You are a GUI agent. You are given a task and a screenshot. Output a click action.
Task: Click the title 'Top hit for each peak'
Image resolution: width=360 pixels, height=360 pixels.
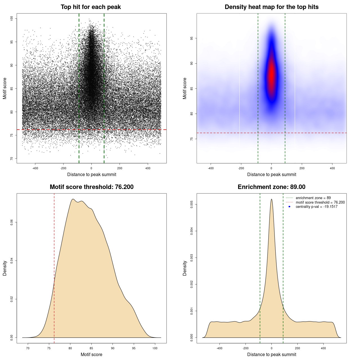tap(91, 7)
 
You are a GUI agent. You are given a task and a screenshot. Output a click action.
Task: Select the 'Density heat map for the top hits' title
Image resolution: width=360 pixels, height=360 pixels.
tap(271, 7)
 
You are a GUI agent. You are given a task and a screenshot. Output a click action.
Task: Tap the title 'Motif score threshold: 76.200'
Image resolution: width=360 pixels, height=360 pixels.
tap(91, 187)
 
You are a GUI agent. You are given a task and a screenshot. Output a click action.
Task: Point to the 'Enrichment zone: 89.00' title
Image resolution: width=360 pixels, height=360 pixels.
tap(271, 187)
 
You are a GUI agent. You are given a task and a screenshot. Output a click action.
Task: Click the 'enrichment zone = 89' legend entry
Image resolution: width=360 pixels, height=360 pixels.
tap(313, 198)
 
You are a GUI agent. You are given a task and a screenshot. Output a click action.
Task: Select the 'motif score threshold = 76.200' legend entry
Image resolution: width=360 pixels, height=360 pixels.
tap(320, 202)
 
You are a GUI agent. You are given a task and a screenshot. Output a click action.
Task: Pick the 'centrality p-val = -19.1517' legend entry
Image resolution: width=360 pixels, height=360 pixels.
tap(316, 207)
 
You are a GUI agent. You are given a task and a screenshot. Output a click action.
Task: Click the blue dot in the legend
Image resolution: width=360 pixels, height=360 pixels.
tap(289, 207)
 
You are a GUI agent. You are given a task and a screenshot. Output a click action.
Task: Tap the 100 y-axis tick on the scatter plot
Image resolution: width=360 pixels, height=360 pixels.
tap(12, 19)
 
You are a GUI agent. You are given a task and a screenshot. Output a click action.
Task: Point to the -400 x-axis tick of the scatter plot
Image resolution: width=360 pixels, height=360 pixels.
tap(35, 168)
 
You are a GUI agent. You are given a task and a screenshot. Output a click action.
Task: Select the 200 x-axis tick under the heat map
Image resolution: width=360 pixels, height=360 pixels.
tap(302, 168)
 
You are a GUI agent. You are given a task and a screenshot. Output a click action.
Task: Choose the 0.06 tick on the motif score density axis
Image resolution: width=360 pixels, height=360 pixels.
tap(12, 222)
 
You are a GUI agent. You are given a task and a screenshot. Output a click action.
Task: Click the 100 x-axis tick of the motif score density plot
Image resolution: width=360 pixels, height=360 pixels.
tap(155, 348)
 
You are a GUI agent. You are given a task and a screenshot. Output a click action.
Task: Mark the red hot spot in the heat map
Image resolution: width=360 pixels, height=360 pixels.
tap(271, 75)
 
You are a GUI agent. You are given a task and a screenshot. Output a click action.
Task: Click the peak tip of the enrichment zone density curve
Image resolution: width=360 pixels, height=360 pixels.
tap(271, 199)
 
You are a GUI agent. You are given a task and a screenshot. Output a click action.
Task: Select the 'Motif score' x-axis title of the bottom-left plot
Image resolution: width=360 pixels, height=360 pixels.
tap(91, 354)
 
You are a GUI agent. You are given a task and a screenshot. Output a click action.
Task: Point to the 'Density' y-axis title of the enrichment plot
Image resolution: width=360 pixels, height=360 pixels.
tap(185, 268)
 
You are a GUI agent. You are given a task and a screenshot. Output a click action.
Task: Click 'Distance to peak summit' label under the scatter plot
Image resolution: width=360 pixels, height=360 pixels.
tap(92, 174)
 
